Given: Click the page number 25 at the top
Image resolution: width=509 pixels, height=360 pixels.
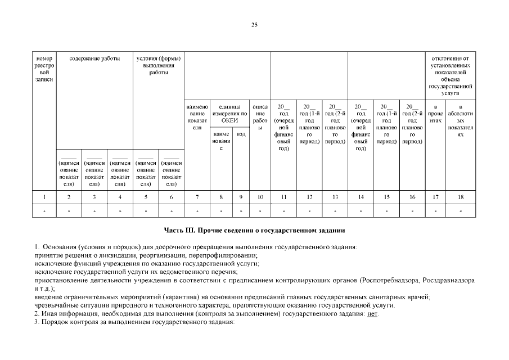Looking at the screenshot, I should pos(254,25).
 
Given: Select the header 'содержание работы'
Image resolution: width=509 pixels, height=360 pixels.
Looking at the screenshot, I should pos(94,58).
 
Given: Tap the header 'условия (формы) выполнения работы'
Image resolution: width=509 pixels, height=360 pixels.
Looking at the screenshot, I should pos(159,66).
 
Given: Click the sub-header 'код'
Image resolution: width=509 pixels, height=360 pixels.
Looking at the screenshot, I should pos(241,134).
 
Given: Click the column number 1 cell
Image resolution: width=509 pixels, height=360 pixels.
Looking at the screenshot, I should pos(44,197).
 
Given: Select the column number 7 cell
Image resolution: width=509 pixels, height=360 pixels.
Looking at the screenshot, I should pos(197,197).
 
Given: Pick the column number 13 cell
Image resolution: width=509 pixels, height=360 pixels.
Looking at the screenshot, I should pos(335,197).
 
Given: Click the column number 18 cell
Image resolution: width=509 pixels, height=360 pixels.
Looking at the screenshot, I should pos(461,197).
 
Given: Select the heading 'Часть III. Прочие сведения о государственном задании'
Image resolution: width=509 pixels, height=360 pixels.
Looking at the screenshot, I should pos(254,231).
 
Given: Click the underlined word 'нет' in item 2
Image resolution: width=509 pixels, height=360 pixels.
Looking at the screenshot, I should pos(372,314).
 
